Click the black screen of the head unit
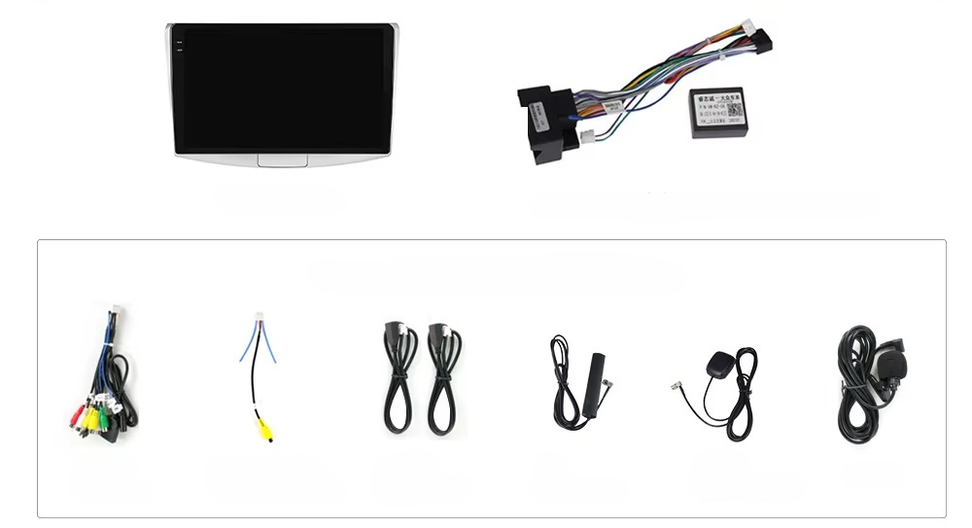tap(282, 89)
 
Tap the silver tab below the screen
tap(282, 159)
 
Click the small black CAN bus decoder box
tap(717, 112)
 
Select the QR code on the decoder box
tap(736, 108)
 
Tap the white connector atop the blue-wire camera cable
tap(259, 318)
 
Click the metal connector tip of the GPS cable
tap(674, 385)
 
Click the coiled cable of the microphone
tap(855, 389)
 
